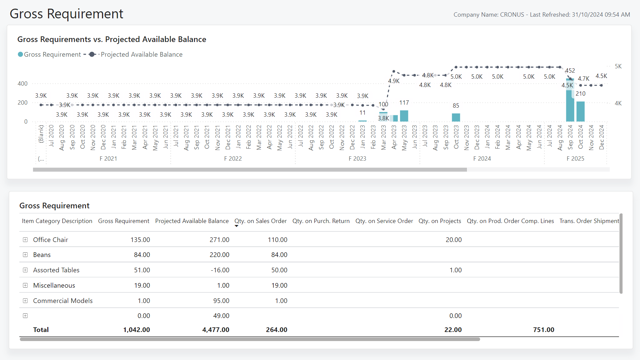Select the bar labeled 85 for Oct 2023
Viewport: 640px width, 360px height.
[x=456, y=117]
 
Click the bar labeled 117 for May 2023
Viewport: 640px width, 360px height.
[x=404, y=116]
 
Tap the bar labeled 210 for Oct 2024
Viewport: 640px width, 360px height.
[x=580, y=111]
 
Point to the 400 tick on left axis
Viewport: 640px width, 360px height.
[x=23, y=84]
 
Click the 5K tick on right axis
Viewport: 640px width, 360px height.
[x=618, y=66]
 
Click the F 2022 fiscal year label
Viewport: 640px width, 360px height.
[x=233, y=159]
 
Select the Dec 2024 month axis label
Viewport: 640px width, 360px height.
[x=602, y=137]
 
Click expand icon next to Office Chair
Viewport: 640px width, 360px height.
[x=25, y=240]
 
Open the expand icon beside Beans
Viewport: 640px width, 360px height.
[x=25, y=255]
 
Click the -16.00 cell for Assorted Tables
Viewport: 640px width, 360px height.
[x=220, y=270]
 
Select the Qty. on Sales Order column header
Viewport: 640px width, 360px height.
[x=260, y=221]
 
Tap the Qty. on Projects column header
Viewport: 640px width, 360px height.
[x=440, y=221]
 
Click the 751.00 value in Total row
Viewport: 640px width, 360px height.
[x=543, y=330]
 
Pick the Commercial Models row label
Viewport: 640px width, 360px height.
[x=63, y=301]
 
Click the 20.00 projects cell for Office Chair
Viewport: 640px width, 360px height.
[x=453, y=240]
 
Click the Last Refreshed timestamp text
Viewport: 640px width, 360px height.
[x=580, y=15]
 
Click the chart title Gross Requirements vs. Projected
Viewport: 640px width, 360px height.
[x=112, y=39]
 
